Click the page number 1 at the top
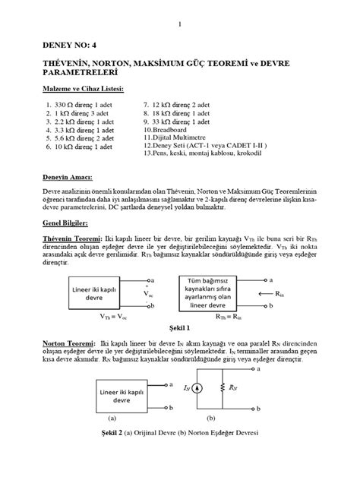[x=179, y=25]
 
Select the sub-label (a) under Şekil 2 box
[x=112, y=418]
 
